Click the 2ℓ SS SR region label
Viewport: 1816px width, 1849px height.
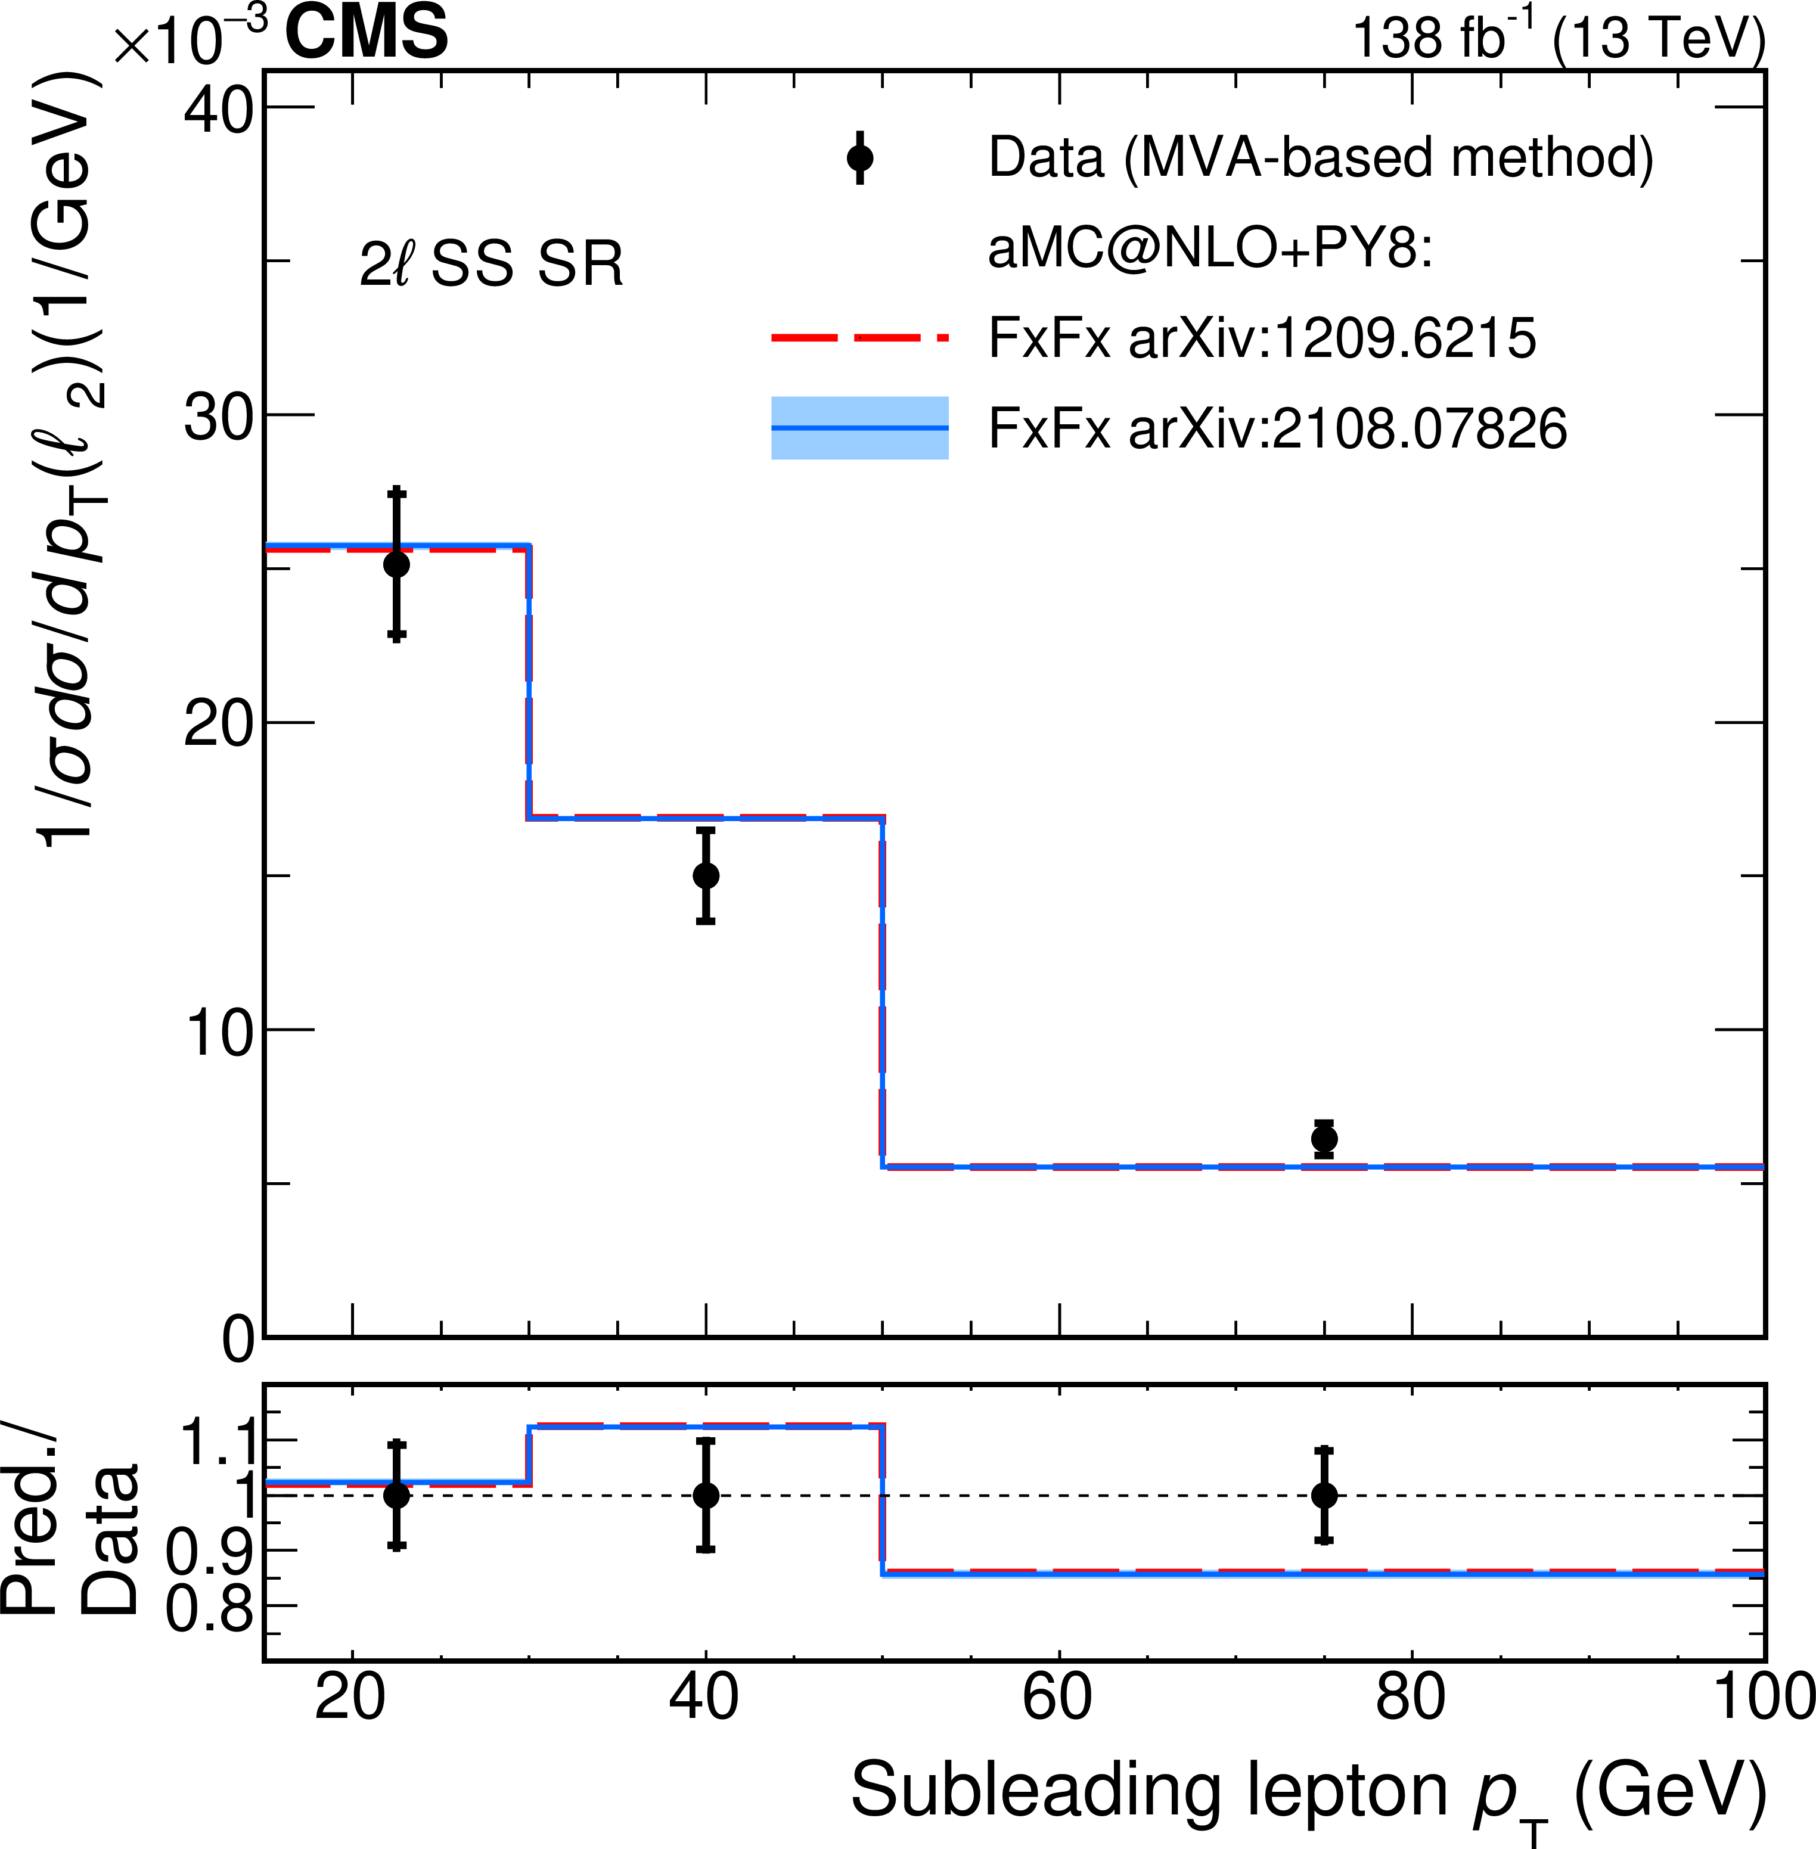(491, 264)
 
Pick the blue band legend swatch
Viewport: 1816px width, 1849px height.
(859, 427)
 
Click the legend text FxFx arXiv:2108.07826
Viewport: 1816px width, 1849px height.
(1277, 427)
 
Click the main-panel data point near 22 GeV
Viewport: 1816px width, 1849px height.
(397, 564)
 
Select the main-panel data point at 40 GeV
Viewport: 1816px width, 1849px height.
(706, 875)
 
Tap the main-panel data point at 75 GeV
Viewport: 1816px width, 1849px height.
(1324, 1139)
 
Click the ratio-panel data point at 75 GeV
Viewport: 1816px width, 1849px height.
(1324, 1495)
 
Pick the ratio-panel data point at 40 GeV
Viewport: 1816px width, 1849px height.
(706, 1495)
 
